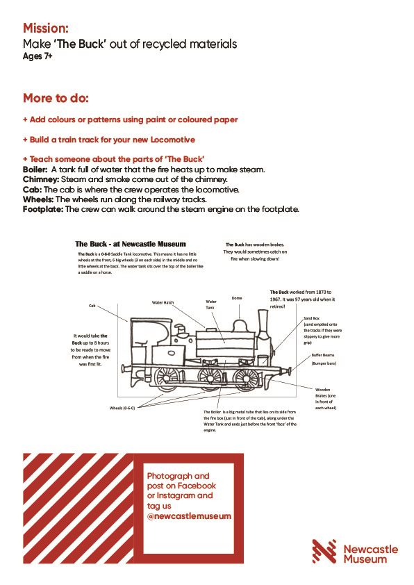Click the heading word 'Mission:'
[x=46, y=28]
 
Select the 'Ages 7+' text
[x=39, y=57]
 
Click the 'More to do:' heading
[x=56, y=97]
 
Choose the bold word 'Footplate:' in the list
[x=43, y=209]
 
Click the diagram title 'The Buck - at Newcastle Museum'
[x=131, y=245]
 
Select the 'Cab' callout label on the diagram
[x=92, y=305]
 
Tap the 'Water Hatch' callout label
[x=164, y=302]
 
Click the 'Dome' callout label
[x=237, y=297]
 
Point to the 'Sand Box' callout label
[x=311, y=318]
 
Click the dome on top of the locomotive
[x=240, y=325]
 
